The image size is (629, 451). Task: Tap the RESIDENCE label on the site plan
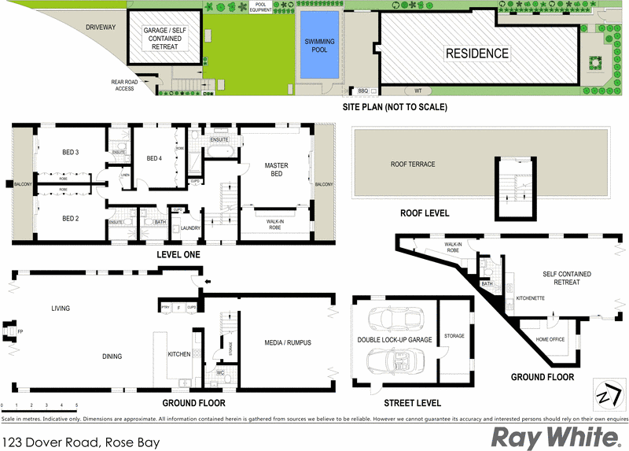click(477, 54)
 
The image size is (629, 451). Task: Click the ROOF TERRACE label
click(413, 165)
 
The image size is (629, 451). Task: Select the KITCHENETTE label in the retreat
click(532, 299)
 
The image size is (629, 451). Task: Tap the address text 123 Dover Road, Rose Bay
click(81, 442)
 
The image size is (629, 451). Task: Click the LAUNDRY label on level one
click(190, 229)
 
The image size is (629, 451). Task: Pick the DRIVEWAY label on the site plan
click(101, 28)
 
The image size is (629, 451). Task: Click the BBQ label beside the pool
click(362, 91)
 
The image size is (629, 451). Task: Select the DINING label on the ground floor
click(112, 357)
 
